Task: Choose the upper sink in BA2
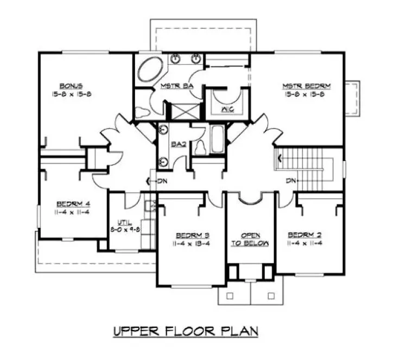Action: [x=163, y=131]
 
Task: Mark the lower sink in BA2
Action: [x=163, y=160]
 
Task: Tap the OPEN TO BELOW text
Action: [x=250, y=239]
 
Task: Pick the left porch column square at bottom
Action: [x=229, y=296]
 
